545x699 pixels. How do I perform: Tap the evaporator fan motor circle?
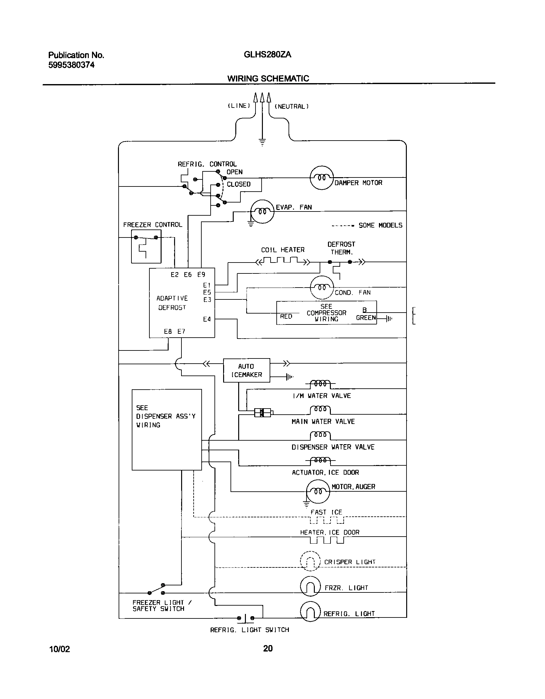click(262, 211)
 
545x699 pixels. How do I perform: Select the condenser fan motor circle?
click(322, 287)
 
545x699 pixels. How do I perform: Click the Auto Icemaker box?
click(247, 370)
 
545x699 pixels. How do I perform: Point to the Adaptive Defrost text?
click(172, 303)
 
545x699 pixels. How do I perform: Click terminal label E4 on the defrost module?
click(207, 319)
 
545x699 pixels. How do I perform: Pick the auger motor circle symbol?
click(318, 491)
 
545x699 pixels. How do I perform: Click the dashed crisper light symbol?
click(310, 561)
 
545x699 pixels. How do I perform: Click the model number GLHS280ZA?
click(267, 55)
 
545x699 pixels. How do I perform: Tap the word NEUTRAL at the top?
click(291, 107)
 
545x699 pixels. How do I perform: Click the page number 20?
click(268, 648)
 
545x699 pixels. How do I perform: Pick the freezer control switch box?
click(146, 246)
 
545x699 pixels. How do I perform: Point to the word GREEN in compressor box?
click(366, 317)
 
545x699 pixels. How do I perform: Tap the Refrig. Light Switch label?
click(249, 630)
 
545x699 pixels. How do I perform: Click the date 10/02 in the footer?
click(60, 649)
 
